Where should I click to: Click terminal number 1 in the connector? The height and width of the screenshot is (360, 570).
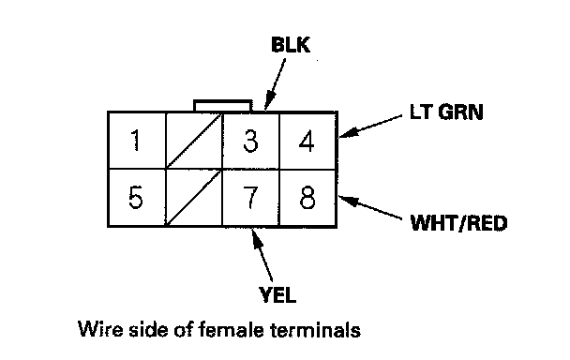pos(137,141)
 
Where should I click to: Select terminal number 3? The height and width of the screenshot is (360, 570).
pos(251,141)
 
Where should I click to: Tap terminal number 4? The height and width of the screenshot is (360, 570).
pos(307,142)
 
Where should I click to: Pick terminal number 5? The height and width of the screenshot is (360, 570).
pos(137,198)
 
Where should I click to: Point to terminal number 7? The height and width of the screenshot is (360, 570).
pos(250,198)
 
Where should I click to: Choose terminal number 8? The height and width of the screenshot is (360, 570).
pos(307,198)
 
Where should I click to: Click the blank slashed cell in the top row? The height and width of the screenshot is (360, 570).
pos(194,141)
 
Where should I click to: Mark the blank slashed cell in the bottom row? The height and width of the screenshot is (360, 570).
pos(194,198)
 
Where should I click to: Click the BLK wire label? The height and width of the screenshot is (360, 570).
pos(291,45)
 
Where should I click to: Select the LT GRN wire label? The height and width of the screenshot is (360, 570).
pos(446,112)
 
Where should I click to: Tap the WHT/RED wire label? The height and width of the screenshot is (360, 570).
pos(458,223)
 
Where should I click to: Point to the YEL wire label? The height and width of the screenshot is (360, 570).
pos(277,294)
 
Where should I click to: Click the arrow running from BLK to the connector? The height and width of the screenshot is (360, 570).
pos(275,84)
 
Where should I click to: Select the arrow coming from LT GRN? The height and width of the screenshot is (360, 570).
pos(371,127)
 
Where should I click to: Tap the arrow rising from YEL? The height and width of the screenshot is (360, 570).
pos(262,255)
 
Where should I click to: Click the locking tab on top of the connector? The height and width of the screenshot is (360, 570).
pos(223,106)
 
